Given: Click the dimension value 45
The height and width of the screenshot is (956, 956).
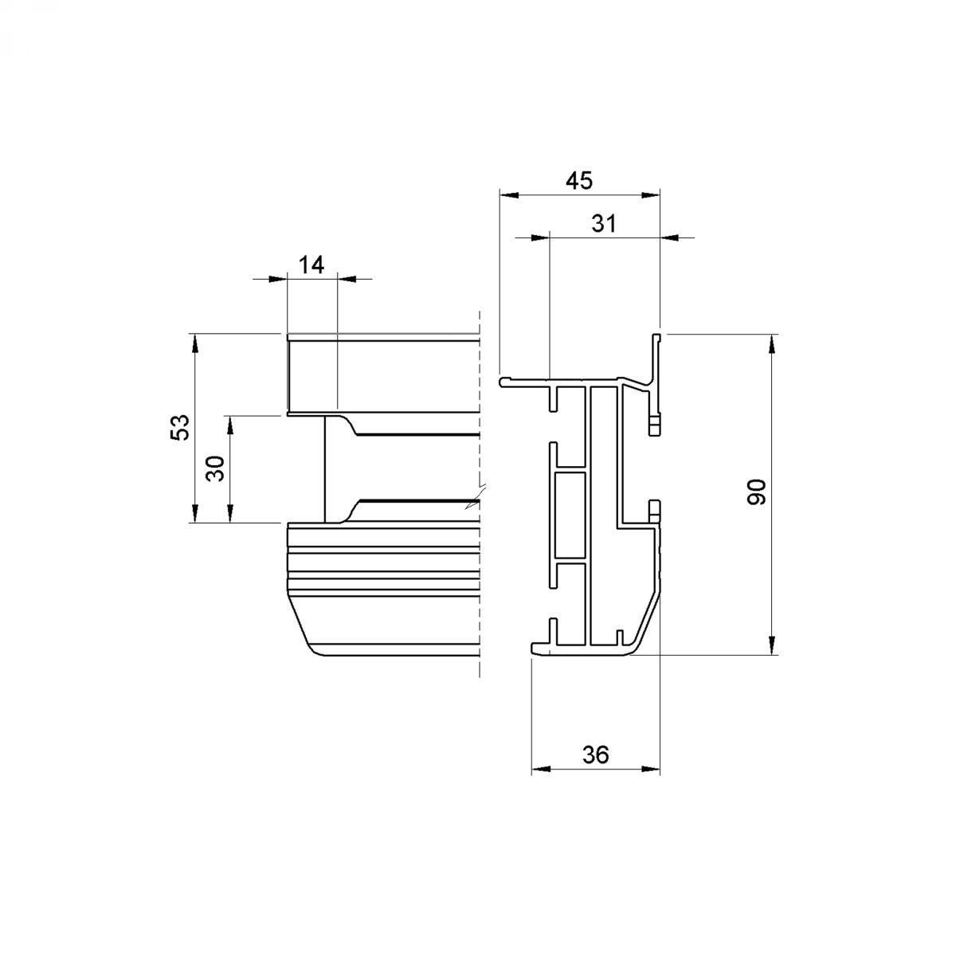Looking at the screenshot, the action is pyautogui.click(x=579, y=181).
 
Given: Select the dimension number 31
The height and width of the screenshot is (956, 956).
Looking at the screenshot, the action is pyautogui.click(x=604, y=224).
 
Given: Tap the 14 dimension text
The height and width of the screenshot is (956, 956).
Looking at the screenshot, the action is pyautogui.click(x=311, y=265).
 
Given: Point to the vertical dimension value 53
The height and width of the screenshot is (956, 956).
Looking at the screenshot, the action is pyautogui.click(x=180, y=427).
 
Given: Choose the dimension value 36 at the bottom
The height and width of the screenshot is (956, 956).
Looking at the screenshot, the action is pyautogui.click(x=595, y=755).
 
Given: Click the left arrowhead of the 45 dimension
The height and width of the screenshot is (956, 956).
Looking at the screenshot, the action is pyautogui.click(x=508, y=195).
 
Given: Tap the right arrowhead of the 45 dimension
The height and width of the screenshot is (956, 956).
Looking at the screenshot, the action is pyautogui.click(x=650, y=195).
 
